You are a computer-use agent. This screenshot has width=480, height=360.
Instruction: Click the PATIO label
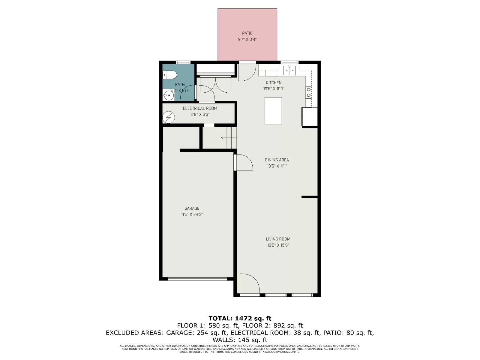pos(247,33)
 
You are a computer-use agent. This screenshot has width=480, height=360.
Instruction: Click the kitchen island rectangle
pos(273,110)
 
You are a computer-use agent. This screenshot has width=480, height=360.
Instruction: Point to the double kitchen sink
pos(289,71)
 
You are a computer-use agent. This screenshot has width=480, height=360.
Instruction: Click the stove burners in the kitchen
pos(308,92)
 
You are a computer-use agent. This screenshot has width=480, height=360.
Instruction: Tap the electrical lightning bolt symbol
pos(168,117)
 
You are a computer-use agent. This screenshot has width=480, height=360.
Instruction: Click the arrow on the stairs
pos(223,138)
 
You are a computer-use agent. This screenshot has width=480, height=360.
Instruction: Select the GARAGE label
pos(192,208)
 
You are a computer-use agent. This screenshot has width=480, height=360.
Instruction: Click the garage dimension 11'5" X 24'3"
pos(192,214)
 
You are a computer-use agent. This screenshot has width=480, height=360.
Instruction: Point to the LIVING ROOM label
pos(278,239)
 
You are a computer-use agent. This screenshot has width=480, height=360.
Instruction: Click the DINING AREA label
pos(277,160)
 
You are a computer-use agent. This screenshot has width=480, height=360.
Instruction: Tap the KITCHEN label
pos(274,83)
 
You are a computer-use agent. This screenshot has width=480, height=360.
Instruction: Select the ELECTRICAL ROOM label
pos(200,108)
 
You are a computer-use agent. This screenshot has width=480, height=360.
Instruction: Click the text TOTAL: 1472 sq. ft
pos(240,318)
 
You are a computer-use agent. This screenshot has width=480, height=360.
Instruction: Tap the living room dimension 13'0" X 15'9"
pos(278,245)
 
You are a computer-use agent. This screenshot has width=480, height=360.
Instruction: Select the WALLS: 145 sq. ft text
pos(240,340)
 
